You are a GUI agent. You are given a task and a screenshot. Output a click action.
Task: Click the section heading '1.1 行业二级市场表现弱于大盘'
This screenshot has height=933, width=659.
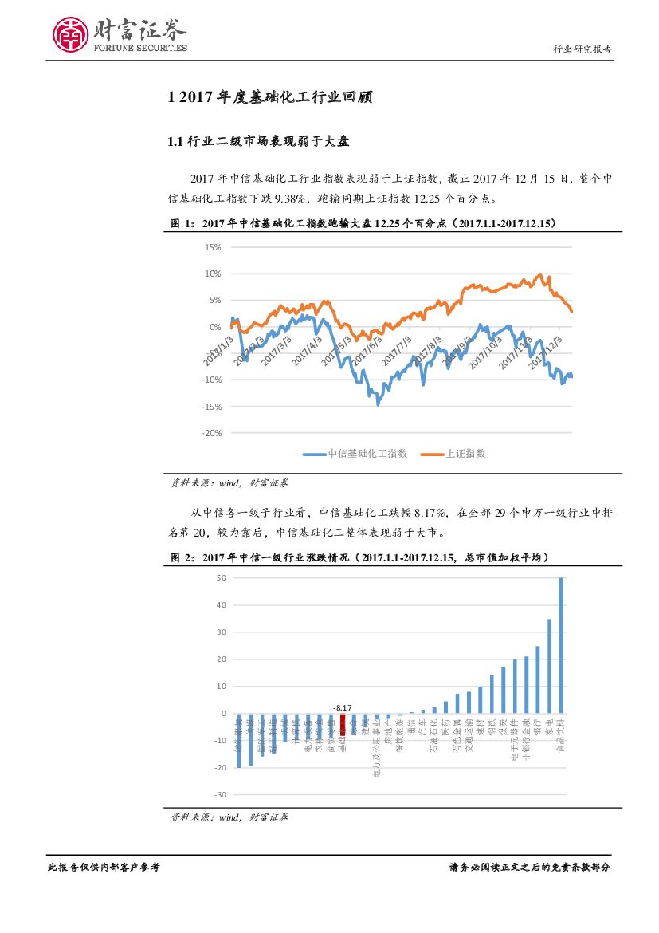(x=259, y=142)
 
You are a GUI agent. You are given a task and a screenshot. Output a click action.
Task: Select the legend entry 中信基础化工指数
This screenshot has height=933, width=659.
(x=356, y=453)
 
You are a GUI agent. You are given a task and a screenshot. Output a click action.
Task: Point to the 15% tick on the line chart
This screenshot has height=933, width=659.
(x=212, y=247)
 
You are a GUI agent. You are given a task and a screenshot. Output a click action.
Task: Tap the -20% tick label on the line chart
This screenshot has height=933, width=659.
(x=210, y=433)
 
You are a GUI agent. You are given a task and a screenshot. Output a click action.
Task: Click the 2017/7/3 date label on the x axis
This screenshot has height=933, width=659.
(x=396, y=351)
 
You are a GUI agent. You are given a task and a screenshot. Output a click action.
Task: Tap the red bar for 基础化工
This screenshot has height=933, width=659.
(x=343, y=724)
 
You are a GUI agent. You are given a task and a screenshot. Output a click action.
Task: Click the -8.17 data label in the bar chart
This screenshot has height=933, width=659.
(x=343, y=707)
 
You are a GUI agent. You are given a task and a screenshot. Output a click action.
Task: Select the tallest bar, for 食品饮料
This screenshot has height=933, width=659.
(x=561, y=644)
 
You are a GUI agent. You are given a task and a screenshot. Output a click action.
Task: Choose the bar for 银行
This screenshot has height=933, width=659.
(x=538, y=679)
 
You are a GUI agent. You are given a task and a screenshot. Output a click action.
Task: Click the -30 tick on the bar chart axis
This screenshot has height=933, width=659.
(x=220, y=795)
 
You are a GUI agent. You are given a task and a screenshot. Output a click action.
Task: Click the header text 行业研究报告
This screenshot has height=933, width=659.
(x=583, y=49)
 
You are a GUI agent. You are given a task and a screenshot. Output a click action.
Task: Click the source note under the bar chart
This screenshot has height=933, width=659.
(x=230, y=817)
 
